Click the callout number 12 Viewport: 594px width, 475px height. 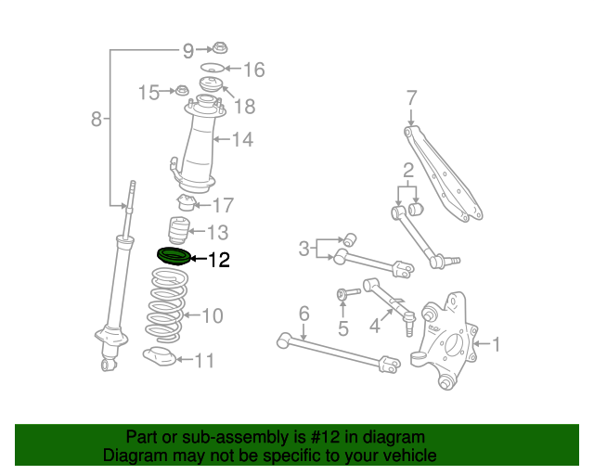point(218,260)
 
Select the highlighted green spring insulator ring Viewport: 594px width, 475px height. point(173,256)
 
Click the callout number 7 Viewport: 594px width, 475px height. point(411,97)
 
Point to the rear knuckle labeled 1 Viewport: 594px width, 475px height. point(447,340)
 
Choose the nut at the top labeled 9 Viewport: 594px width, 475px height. point(220,48)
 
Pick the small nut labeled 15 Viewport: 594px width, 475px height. point(183,91)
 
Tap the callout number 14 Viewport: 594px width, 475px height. point(242,140)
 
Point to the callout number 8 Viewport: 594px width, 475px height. point(96,119)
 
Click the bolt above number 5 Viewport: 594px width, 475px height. point(344,295)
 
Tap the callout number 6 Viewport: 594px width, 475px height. point(303,315)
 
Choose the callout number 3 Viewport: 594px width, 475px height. point(304,248)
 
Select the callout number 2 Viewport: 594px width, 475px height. point(407,170)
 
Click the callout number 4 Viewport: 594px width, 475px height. point(375,326)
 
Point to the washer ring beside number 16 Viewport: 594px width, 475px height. point(212,69)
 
